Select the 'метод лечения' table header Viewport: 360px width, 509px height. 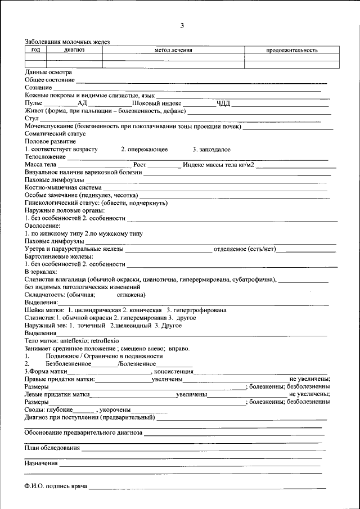tap(173, 50)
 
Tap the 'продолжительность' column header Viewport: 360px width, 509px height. tap(291, 50)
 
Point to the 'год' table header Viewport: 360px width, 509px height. tap(35, 50)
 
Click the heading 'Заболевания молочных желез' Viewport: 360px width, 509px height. tap(67, 42)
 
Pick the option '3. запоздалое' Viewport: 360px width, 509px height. tap(211, 150)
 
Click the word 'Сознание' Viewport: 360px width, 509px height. tap(38, 88)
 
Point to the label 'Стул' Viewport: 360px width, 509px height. tap(31, 119)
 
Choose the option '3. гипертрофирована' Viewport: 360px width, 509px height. tap(196, 310)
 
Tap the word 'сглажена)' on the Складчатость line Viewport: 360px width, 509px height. tap(131, 295)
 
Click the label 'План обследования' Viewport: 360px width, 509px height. tap(52, 448)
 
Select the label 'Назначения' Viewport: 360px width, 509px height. tap(41, 463)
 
